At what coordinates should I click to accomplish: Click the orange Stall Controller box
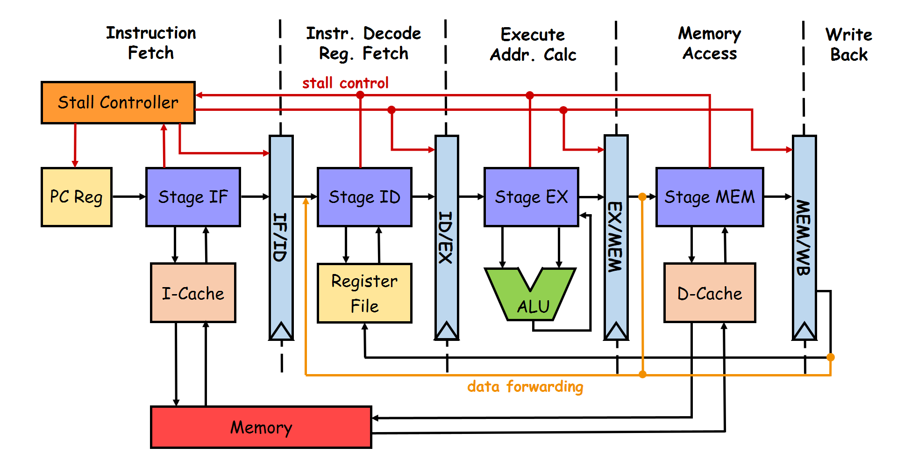pos(118,102)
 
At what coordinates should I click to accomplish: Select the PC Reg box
pos(76,197)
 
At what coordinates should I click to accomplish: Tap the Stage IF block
pos(193,197)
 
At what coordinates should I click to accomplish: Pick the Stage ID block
pos(364,197)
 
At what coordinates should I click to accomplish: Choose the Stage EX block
pos(531,197)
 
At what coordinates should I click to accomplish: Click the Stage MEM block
pos(710,197)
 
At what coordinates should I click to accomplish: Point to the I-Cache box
pos(193,293)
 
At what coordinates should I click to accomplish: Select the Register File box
pos(364,293)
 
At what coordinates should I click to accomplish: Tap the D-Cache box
pos(710,293)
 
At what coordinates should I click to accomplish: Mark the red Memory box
pos(261,427)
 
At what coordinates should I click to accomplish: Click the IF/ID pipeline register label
pos(280,237)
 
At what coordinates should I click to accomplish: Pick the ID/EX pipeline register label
pos(446,237)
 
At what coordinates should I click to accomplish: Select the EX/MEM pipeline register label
pos(615,237)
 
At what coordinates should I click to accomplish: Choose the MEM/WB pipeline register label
pos(804,237)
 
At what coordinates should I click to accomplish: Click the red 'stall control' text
pos(345,83)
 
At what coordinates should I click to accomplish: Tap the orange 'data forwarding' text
pos(525,387)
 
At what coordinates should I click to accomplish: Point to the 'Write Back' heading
pos(848,44)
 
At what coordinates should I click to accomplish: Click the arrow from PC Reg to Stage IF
pos(129,197)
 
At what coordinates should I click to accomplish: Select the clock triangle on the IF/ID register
pos(281,331)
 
